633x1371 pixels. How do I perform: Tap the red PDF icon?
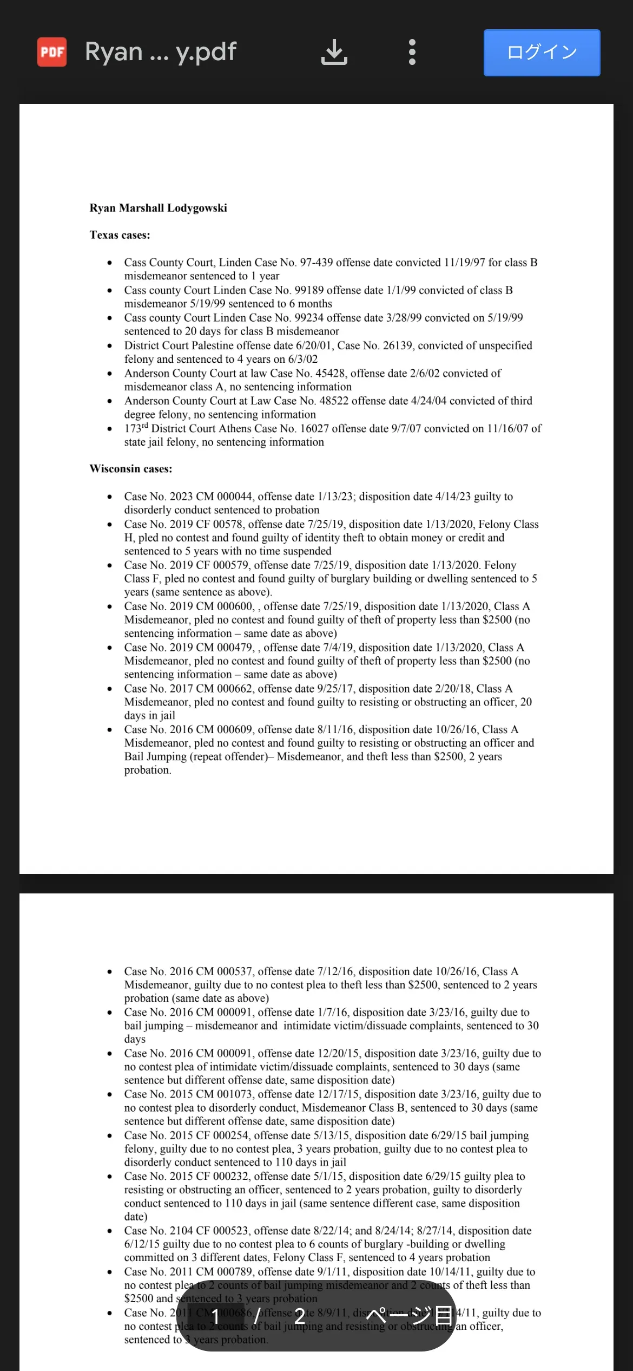pyautogui.click(x=52, y=52)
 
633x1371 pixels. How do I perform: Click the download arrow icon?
pyautogui.click(x=334, y=52)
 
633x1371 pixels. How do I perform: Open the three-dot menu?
pyautogui.click(x=412, y=52)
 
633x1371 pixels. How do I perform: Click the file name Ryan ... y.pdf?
pyautogui.click(x=161, y=52)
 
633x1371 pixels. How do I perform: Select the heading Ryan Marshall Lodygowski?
pyautogui.click(x=158, y=208)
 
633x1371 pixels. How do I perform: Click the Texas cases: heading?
pyautogui.click(x=120, y=235)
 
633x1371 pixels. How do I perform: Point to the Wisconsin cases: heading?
pyautogui.click(x=130, y=469)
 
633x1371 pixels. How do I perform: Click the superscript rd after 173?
pyautogui.click(x=144, y=426)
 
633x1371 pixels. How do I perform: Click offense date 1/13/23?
pyautogui.click(x=337, y=497)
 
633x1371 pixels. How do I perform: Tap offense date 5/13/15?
pyautogui.click(x=331, y=1135)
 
